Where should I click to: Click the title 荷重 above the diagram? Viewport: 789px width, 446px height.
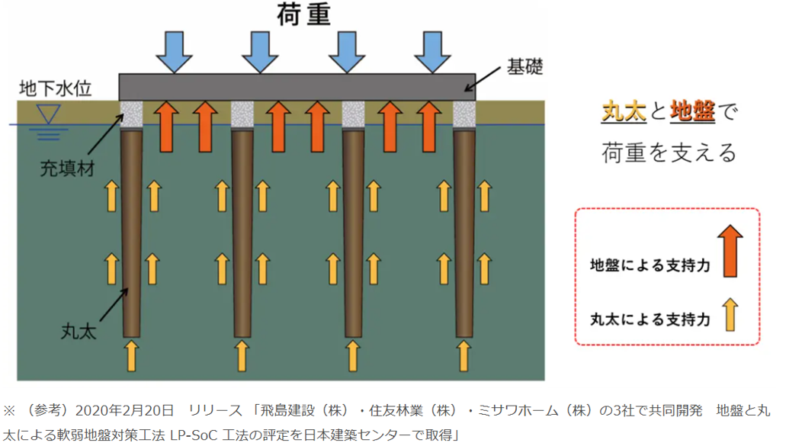click(x=302, y=14)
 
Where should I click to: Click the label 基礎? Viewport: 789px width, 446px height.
click(x=525, y=67)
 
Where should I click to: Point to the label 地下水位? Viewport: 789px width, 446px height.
click(x=56, y=89)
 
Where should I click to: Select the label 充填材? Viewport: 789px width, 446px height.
click(x=67, y=169)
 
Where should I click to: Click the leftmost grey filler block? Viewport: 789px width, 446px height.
click(x=132, y=114)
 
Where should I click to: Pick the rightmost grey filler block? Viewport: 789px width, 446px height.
click(x=464, y=114)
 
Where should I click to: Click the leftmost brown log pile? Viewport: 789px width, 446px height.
click(x=132, y=229)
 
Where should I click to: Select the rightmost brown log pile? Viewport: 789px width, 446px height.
click(x=464, y=229)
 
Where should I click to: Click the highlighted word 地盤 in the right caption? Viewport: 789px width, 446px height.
click(x=691, y=112)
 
